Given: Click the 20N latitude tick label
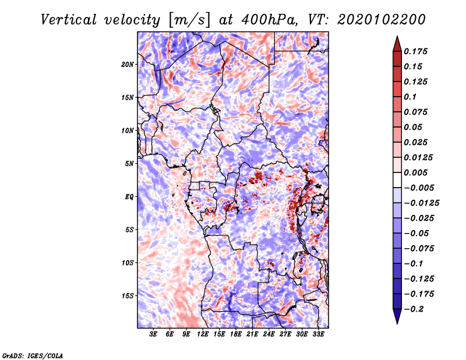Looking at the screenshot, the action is coord(127,65).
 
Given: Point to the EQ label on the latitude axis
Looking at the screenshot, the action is coord(129,197).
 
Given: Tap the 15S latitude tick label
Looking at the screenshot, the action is coord(127,296).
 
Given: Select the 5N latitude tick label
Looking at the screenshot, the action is coord(129,164).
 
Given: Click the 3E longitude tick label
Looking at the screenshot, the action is coord(153,334).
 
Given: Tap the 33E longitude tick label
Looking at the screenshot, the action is coord(318,334).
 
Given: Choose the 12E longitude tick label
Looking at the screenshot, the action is coord(203,334).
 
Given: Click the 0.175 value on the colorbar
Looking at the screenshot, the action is coord(415,51).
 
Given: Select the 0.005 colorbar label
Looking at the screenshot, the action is coord(415,172).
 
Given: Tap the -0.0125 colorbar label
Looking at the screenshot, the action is coord(421,203).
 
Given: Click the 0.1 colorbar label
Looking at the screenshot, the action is coord(410,97).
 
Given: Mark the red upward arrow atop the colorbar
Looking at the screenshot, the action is coord(397,44).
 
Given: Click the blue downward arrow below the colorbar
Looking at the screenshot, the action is coord(397,316).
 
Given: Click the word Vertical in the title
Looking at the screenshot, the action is coord(69,20).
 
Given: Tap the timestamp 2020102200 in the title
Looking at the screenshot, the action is coord(382,20).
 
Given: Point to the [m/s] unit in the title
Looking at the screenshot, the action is coord(189,20).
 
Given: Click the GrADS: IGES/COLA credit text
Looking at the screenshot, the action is coord(33,356).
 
